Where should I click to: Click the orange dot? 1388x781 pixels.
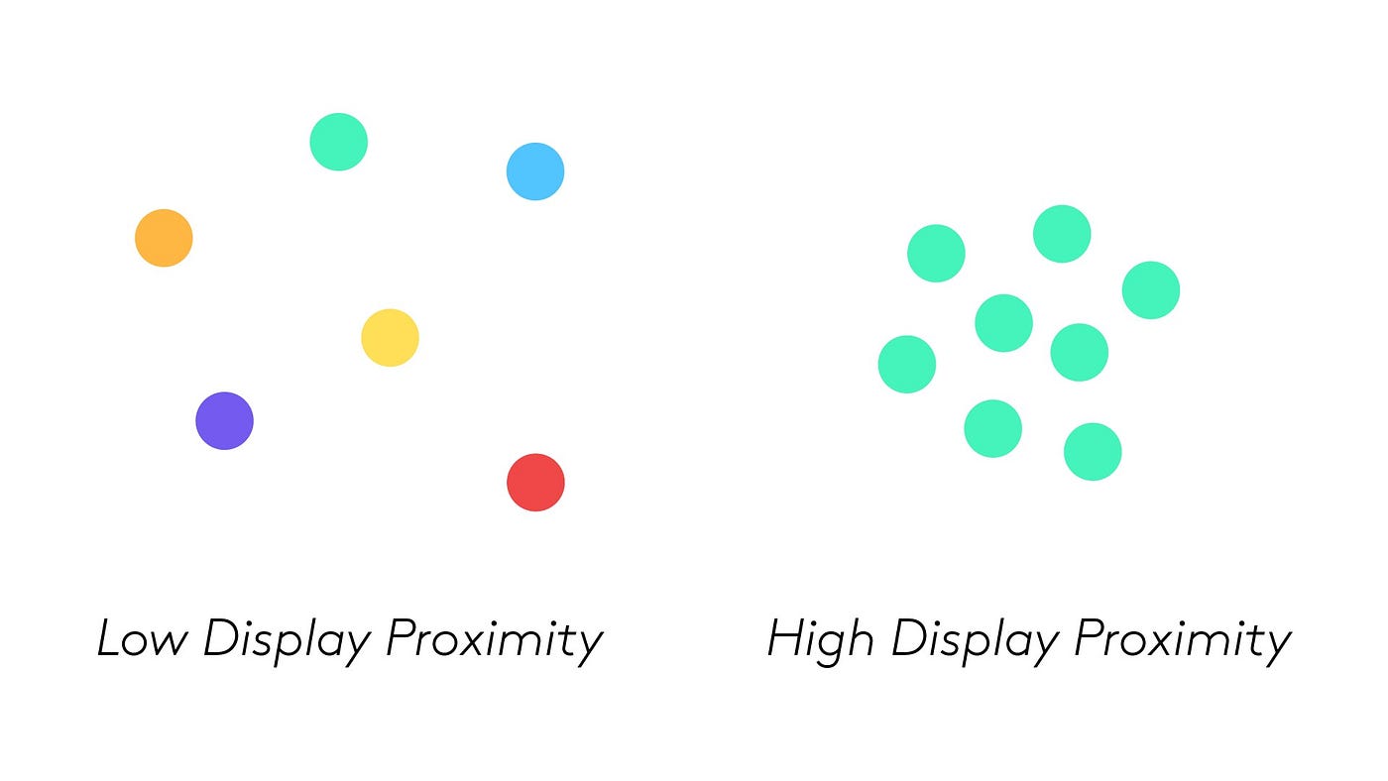(x=164, y=238)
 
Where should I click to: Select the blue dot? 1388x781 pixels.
(x=535, y=171)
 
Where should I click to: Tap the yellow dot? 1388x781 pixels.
(x=390, y=338)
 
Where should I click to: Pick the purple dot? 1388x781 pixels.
(x=224, y=421)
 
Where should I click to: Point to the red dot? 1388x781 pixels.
(x=535, y=483)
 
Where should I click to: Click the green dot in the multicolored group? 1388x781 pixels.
(x=338, y=142)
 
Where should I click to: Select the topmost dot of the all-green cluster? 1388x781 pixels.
(x=1062, y=234)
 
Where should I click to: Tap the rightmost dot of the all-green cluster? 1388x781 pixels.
(x=1151, y=290)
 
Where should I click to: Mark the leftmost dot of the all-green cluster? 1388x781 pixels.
(x=907, y=364)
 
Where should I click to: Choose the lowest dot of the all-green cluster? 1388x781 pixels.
(x=1093, y=452)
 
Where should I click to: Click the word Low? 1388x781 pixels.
(x=141, y=638)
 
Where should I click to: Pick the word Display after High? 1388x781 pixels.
(x=975, y=640)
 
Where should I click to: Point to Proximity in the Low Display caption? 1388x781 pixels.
(x=494, y=640)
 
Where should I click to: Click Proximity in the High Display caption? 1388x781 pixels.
(x=1183, y=640)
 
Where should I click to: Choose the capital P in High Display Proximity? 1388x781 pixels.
(x=1090, y=638)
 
